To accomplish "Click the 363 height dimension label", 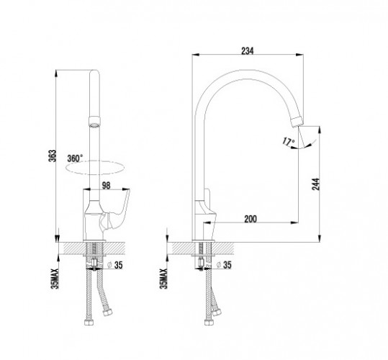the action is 53,156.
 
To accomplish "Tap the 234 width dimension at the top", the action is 248,50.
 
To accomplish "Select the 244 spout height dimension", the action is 316,184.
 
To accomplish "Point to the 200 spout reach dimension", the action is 251,219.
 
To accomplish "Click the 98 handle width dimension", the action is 106,186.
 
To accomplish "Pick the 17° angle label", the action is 289,142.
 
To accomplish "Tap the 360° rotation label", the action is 75,158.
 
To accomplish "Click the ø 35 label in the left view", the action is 116,265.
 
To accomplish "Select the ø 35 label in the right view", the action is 224,265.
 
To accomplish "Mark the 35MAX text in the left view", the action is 55,279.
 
